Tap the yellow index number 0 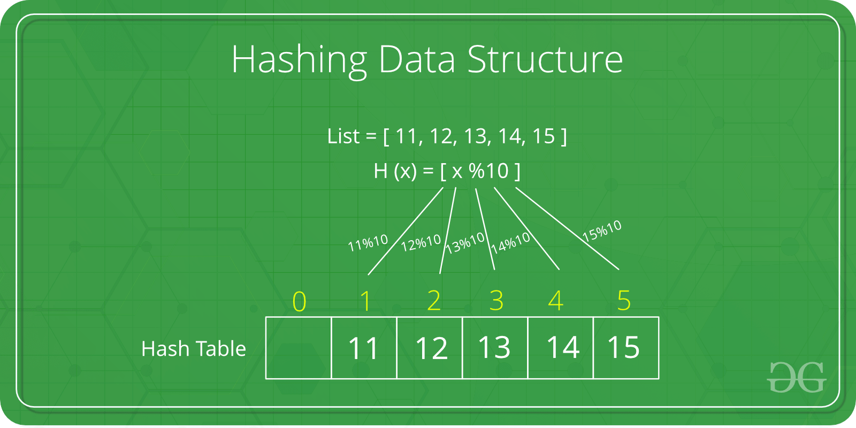(x=300, y=301)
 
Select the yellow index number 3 (x=496, y=300)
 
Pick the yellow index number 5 (x=624, y=300)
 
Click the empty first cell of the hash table (x=299, y=348)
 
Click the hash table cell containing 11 (x=364, y=348)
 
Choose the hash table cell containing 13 (x=495, y=348)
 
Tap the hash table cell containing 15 (x=625, y=348)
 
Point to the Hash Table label (x=194, y=349)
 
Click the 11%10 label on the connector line (x=368, y=243)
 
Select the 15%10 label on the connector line (x=602, y=231)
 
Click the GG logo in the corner (x=797, y=377)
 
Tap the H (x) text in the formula (x=395, y=171)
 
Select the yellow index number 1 (x=365, y=301)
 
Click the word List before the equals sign (x=343, y=136)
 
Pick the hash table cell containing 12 (x=430, y=348)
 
